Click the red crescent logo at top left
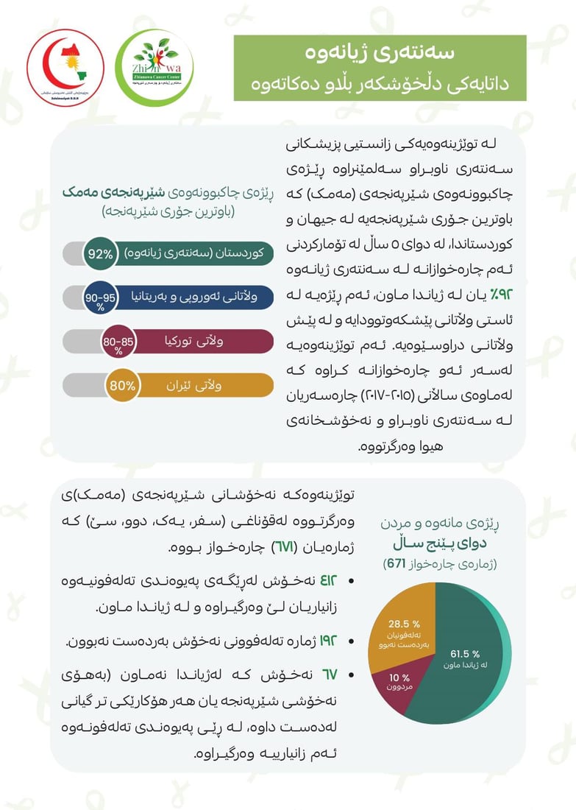click(65, 68)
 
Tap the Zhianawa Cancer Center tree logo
click(155, 68)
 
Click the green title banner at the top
click(380, 68)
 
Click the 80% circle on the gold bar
click(122, 385)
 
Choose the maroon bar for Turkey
click(199, 342)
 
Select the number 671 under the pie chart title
click(397, 564)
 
